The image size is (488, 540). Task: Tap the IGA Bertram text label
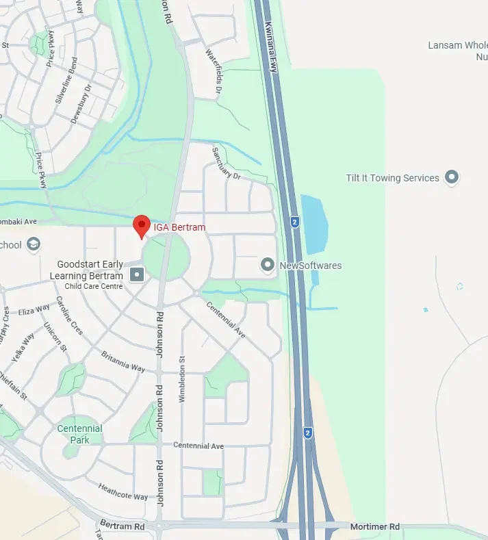point(179,227)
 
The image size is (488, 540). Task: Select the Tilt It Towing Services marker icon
point(451,178)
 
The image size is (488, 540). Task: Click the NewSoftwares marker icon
point(268,265)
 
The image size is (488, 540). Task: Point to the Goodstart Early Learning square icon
point(137,275)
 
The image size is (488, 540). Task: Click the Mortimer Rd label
point(374,527)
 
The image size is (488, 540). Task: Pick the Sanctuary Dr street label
point(227,164)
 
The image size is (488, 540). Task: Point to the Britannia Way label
point(123,361)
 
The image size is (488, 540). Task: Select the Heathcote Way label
point(123,491)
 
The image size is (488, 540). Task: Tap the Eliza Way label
point(34,311)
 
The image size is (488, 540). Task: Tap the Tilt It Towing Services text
point(392,178)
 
